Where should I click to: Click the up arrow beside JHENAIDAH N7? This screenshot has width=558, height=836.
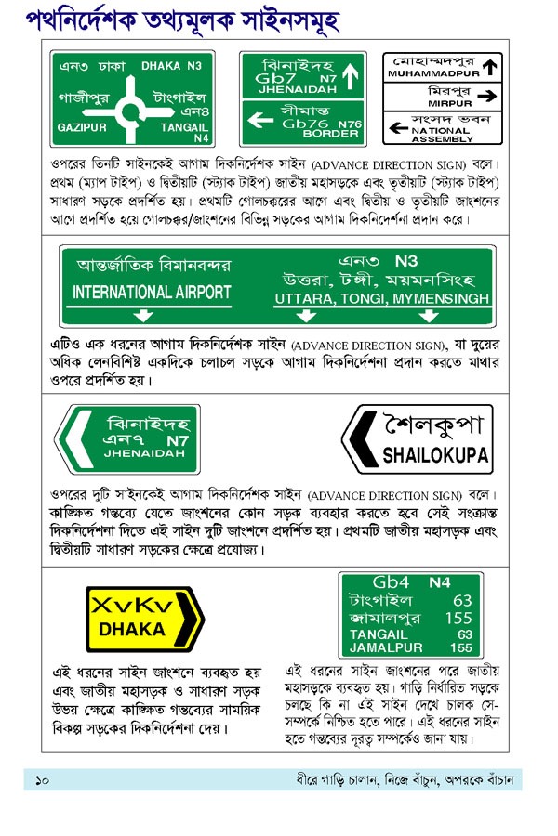[351, 74]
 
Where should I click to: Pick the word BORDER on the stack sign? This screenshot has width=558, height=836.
[330, 134]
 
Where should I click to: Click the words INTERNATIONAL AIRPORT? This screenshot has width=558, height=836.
[152, 292]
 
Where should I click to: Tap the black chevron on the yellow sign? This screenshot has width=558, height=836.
[193, 617]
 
